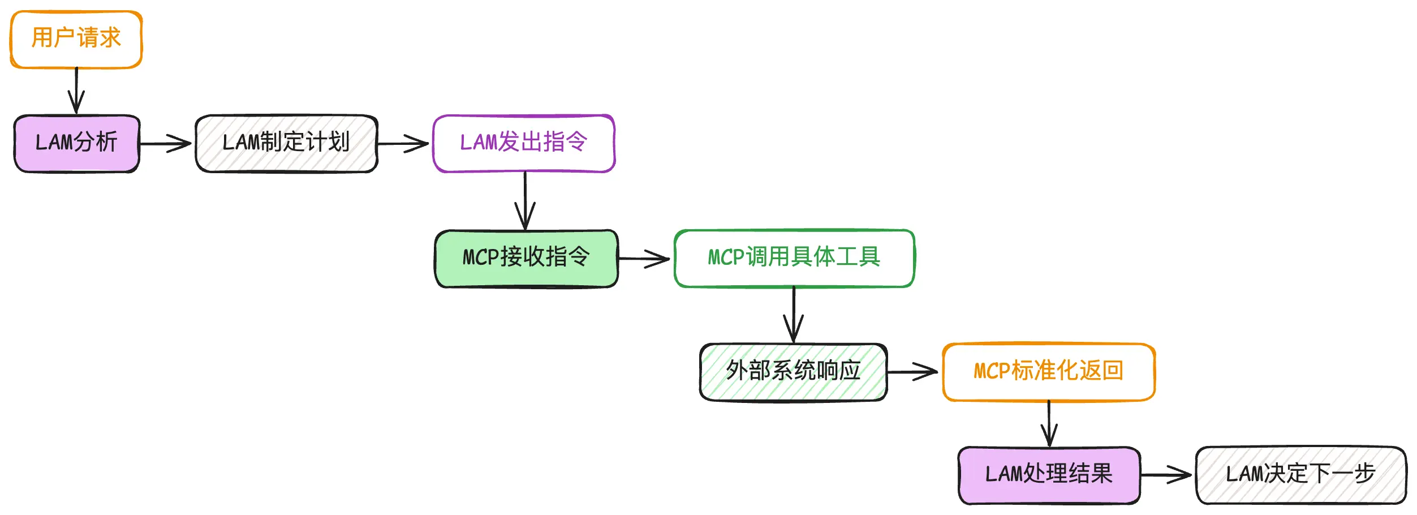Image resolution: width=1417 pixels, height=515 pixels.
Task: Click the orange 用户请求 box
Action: tap(76, 39)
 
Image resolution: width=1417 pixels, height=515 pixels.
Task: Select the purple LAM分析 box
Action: tap(76, 143)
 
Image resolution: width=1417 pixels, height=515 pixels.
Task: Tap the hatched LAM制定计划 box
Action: tap(286, 143)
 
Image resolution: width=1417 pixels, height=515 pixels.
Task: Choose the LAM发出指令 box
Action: tap(524, 143)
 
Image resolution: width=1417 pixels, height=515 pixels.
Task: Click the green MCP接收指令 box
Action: tap(526, 258)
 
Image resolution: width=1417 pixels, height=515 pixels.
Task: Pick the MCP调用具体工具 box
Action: tap(794, 258)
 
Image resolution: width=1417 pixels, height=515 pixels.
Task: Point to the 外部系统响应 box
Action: tap(793, 372)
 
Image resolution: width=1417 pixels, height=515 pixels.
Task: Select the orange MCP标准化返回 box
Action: tap(1049, 372)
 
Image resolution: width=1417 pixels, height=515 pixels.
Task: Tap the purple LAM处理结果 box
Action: tap(1049, 475)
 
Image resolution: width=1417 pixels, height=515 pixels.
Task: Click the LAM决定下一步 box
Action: tap(1300, 475)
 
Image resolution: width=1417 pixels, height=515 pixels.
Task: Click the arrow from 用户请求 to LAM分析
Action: tap(76, 91)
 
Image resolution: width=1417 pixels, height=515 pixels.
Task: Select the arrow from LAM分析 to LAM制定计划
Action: tap(165, 144)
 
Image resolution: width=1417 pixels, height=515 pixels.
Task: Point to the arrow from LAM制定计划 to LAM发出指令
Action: tap(403, 144)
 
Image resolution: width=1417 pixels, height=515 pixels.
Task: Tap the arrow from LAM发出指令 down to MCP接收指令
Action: tap(525, 201)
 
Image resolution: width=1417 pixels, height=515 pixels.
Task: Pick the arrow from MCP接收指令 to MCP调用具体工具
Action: tap(644, 259)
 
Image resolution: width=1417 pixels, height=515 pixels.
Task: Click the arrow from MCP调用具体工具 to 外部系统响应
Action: tap(794, 315)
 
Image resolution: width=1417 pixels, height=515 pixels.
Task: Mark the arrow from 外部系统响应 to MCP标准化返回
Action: tap(912, 372)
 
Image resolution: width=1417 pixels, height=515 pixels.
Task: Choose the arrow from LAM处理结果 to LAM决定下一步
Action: tap(1165, 475)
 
